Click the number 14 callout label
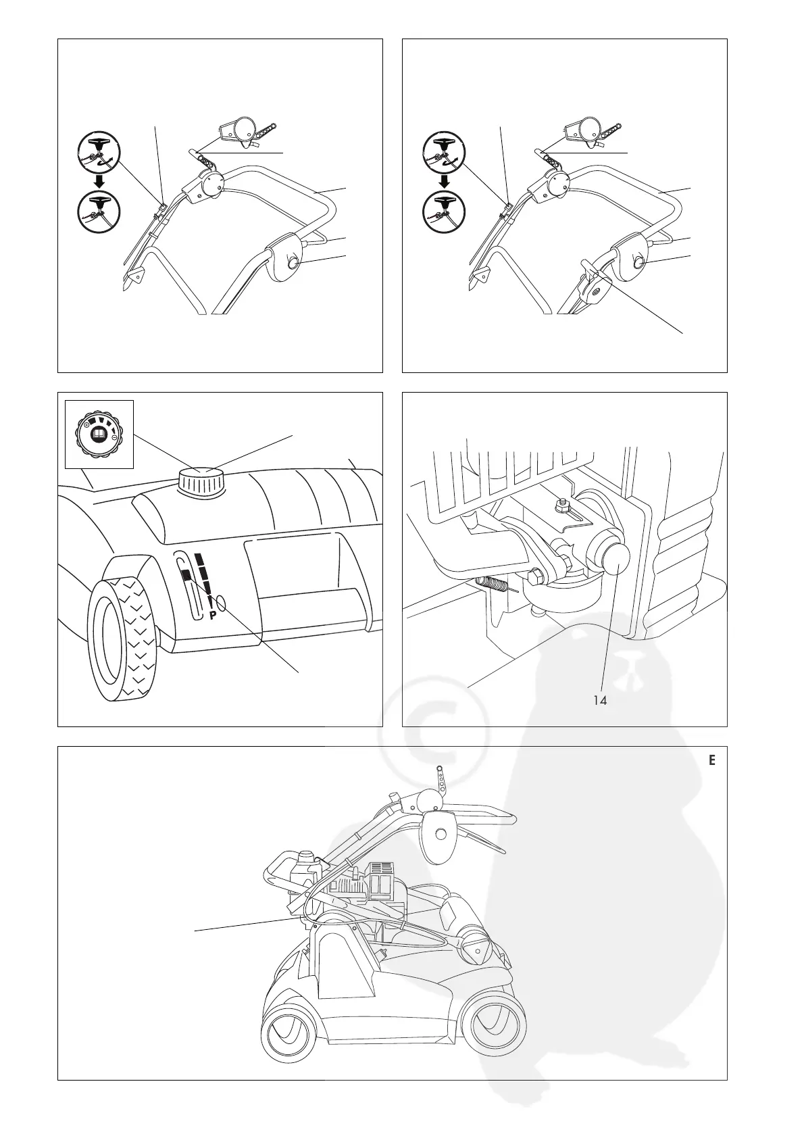point(599,701)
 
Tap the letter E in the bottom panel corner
point(711,760)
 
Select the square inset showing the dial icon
point(99,434)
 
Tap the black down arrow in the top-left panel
point(99,181)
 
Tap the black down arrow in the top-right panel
point(444,181)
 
